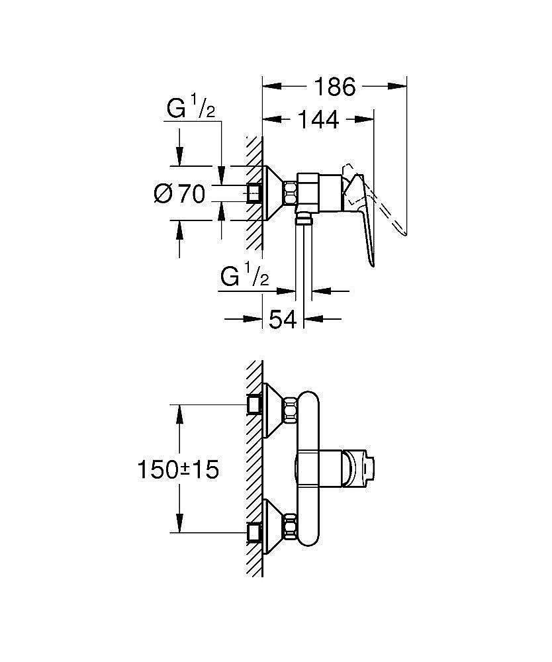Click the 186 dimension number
(x=335, y=87)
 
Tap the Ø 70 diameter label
(x=180, y=194)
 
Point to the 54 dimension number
(x=283, y=319)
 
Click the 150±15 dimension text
(x=179, y=469)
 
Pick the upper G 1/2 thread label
(x=191, y=107)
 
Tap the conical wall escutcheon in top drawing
(x=274, y=193)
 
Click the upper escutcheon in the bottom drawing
(x=274, y=410)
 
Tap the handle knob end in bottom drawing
(x=358, y=469)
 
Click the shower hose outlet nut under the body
(x=303, y=218)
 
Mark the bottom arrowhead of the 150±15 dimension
(x=179, y=523)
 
